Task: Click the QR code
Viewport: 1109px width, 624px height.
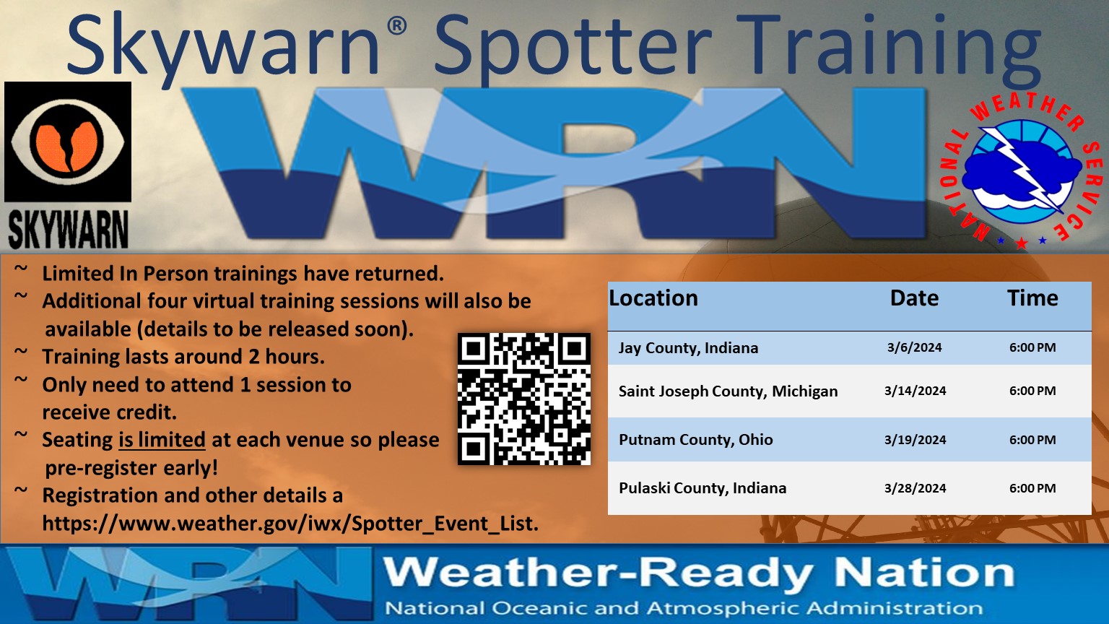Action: point(523,399)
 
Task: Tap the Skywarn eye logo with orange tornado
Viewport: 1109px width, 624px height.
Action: point(68,142)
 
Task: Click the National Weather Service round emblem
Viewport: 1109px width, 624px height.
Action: point(1021,171)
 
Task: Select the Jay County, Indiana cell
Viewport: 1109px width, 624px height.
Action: point(688,347)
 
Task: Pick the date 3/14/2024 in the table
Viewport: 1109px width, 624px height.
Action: point(915,391)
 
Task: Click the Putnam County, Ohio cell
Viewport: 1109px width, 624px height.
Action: point(695,439)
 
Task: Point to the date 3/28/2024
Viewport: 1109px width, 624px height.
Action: point(915,488)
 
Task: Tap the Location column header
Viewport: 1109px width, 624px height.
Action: point(653,298)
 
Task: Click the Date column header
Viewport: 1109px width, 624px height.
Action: point(915,298)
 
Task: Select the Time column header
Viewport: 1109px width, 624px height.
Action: point(1032,298)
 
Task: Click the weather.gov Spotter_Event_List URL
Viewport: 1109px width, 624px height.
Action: point(290,523)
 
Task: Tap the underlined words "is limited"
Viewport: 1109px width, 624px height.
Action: point(162,440)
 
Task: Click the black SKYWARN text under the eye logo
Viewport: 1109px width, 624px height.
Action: point(69,229)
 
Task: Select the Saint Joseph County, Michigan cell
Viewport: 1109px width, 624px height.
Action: point(728,391)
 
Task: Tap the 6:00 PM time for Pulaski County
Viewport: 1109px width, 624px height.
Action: point(1032,488)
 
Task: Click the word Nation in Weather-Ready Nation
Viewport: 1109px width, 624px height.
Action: point(924,573)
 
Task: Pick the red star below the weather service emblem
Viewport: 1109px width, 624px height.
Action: point(1021,243)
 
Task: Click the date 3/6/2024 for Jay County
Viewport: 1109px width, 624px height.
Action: point(915,347)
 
